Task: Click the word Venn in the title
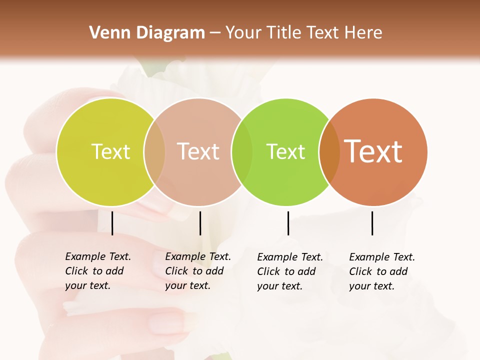click(103, 33)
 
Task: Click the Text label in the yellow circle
click(110, 151)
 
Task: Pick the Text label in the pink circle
click(198, 151)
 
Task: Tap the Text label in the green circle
click(285, 151)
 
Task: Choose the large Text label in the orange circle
click(373, 151)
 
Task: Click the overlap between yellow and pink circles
click(154, 151)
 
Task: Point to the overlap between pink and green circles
click(242, 151)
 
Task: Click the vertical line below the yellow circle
click(112, 223)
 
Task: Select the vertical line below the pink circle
click(200, 223)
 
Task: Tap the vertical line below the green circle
click(288, 223)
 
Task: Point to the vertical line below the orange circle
click(372, 223)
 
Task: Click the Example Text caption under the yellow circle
click(97, 271)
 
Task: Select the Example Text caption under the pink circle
click(197, 271)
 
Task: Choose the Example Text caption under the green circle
click(289, 271)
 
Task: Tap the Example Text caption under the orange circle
click(381, 271)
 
